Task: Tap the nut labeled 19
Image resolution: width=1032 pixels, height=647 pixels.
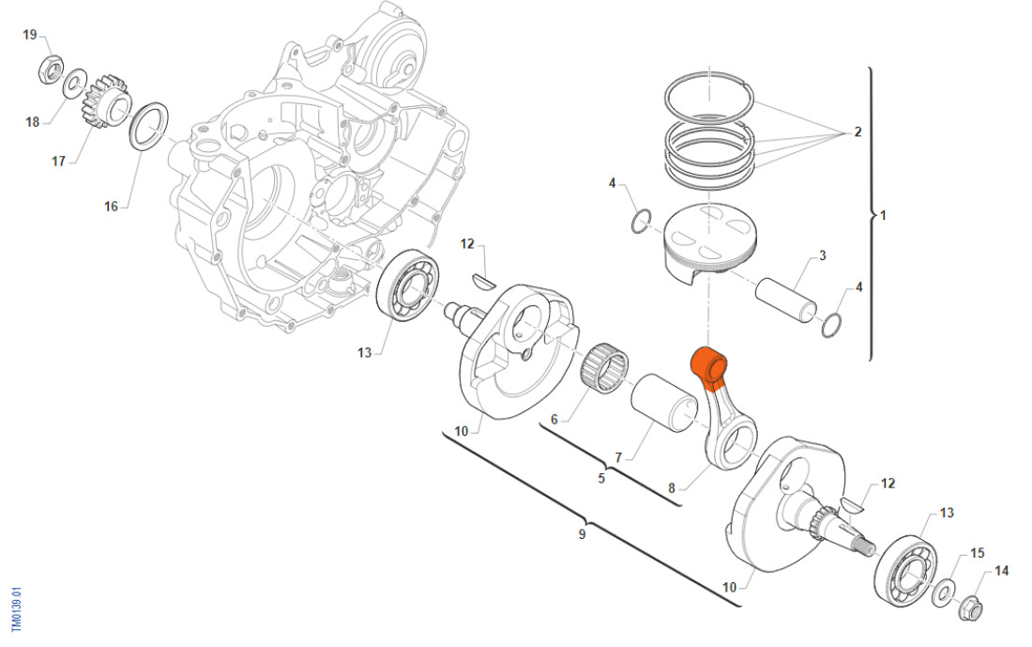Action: (x=51, y=69)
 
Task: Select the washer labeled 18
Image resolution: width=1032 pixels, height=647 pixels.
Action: (x=72, y=88)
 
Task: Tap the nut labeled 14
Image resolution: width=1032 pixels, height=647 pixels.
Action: (x=972, y=608)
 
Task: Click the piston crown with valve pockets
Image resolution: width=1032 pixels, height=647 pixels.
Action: (x=706, y=229)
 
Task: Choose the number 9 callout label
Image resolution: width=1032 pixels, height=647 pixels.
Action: (x=582, y=534)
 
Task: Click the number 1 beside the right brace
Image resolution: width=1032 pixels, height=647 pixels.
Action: (x=882, y=215)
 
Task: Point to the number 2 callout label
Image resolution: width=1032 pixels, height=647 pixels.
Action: (x=857, y=132)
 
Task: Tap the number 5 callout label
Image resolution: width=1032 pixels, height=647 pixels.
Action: (x=601, y=479)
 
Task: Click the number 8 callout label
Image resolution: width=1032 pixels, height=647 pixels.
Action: (x=672, y=488)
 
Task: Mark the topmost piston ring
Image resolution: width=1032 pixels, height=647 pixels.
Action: (x=710, y=93)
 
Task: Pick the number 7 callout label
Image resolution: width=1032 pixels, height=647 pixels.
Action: (x=618, y=458)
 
